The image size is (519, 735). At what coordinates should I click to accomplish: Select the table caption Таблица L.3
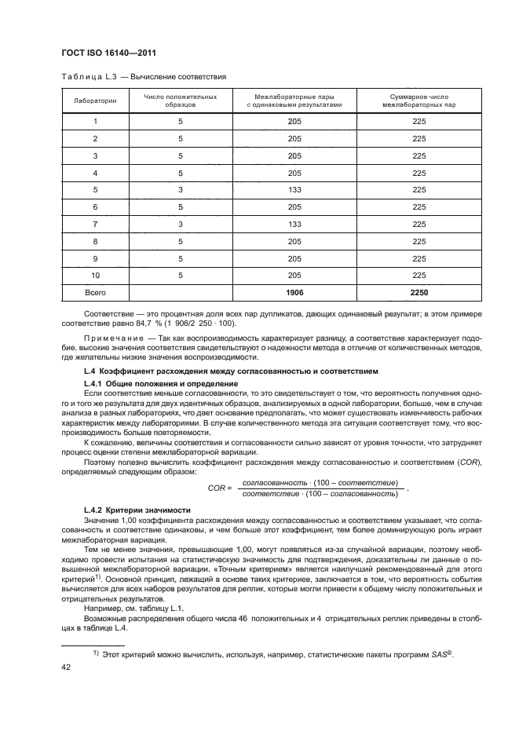click(x=86, y=78)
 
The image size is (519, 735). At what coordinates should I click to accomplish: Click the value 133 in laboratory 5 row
click(x=294, y=189)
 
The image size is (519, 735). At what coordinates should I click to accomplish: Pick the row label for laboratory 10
click(x=95, y=276)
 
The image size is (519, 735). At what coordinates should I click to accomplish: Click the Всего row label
click(x=95, y=293)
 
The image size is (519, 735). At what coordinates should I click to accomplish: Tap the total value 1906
click(x=294, y=293)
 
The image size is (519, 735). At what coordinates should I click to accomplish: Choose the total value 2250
click(x=418, y=293)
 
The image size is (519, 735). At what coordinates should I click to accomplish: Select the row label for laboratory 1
click(x=95, y=121)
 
